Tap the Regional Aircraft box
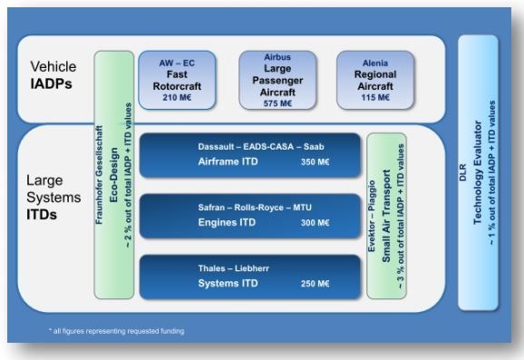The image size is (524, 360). coord(374,79)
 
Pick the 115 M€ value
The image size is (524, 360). coord(374,96)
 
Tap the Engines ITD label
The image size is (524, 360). coord(225,221)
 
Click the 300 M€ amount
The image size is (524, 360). coord(315,221)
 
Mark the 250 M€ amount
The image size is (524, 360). coord(315,284)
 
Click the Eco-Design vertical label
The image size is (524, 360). coord(115,172)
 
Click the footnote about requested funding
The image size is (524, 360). coord(119,331)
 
